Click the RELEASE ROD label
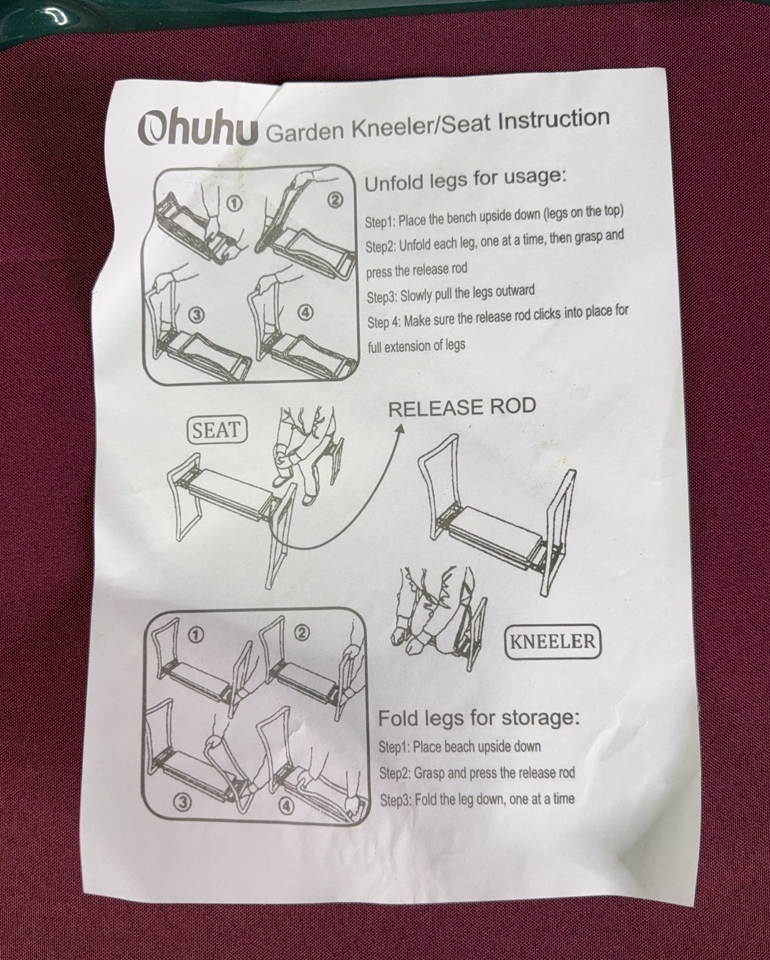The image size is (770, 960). [462, 408]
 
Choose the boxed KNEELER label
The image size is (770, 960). [553, 642]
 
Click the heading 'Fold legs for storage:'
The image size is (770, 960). [479, 718]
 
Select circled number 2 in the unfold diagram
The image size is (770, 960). [335, 201]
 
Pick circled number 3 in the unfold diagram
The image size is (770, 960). [197, 315]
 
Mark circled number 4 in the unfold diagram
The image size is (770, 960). [304, 312]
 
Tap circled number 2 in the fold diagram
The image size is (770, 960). [301, 633]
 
